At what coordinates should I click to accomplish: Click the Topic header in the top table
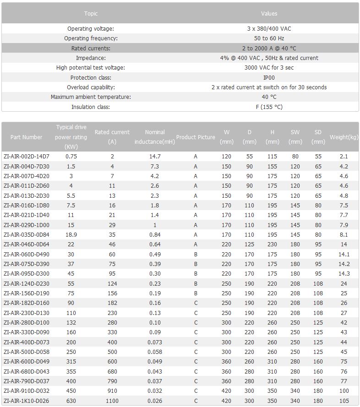point(91,13)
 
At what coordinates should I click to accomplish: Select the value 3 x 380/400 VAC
point(269,28)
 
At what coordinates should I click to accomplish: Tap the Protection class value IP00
point(269,77)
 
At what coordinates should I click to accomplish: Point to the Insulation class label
point(91,107)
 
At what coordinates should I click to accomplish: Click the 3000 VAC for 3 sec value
point(269,68)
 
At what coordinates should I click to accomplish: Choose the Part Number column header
point(26,137)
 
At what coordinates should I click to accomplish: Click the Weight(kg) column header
point(344,137)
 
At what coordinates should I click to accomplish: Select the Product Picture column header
point(196,137)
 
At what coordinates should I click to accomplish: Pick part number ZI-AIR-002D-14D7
point(26,157)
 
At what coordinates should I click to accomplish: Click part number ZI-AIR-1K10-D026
point(26,401)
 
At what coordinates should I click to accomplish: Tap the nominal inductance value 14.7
point(155,157)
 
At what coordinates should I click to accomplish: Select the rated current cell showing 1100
point(112,401)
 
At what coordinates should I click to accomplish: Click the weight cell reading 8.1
point(344,234)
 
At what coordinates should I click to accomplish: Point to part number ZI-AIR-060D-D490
point(26,254)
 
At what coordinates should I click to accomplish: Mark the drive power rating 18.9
point(71,234)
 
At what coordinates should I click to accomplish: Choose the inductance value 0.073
point(155,342)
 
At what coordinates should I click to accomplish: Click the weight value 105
point(344,401)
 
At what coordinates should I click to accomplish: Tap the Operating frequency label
point(91,38)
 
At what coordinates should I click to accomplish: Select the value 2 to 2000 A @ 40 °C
point(269,48)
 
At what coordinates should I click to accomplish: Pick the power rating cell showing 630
point(71,401)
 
